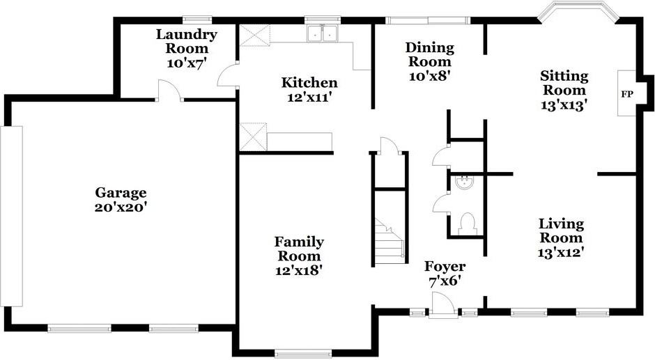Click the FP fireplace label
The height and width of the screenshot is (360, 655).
coord(626,94)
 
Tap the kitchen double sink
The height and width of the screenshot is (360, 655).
coord(322,33)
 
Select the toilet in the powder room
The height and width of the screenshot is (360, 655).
coord(467,224)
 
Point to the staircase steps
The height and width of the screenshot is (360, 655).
coord(390,242)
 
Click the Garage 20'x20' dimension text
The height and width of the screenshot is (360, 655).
coord(121,207)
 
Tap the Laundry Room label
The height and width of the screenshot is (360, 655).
coord(187,41)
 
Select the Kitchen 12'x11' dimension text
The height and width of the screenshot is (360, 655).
coord(309,97)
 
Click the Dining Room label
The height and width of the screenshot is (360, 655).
coord(429,54)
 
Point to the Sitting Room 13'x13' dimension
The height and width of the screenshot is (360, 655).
coord(564,105)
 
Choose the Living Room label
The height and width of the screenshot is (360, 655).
coord(561,230)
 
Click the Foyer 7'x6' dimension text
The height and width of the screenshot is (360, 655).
coord(445,281)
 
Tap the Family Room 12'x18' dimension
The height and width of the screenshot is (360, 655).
coord(299,269)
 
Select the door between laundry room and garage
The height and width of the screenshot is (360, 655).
coord(169,91)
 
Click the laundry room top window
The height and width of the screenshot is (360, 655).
coord(197,19)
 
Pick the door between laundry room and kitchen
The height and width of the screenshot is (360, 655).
coord(228,75)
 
